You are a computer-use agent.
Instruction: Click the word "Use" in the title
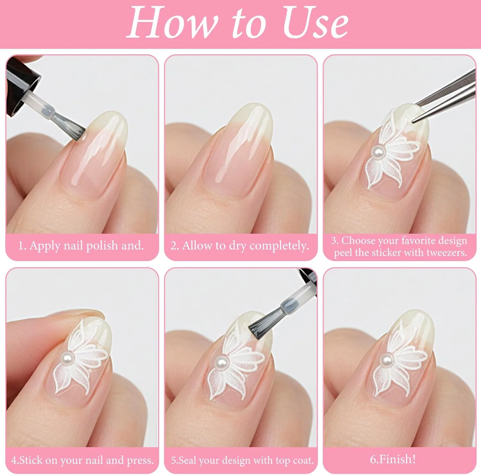(x=315, y=22)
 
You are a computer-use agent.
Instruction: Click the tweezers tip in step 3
(x=414, y=121)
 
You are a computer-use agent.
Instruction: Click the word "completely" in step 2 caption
(x=278, y=246)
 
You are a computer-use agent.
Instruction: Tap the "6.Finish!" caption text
(x=393, y=459)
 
